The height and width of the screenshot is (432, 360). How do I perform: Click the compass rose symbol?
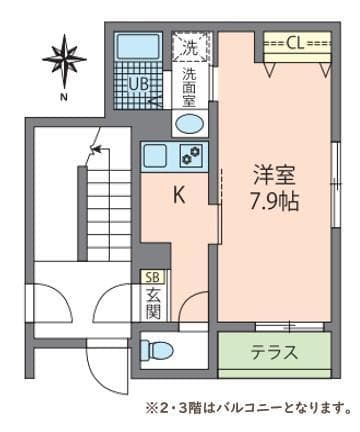tap(62, 57)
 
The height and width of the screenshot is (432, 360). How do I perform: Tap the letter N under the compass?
tap(62, 97)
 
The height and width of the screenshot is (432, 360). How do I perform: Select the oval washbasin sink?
tap(189, 123)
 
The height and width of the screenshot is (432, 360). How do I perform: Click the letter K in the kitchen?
tap(180, 197)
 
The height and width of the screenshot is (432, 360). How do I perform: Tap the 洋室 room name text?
tap(272, 172)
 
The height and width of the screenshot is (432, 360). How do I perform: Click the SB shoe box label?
tap(154, 277)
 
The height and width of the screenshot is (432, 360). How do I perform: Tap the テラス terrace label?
tap(273, 353)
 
